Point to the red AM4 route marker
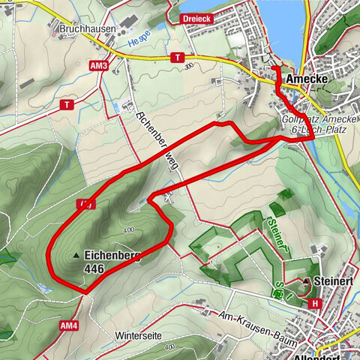click(x=70, y=325)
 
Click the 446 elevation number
click(x=94, y=268)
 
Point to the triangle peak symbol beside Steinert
click(x=306, y=281)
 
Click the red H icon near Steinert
click(x=314, y=303)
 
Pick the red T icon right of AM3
click(x=178, y=57)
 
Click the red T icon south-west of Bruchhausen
click(x=67, y=105)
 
